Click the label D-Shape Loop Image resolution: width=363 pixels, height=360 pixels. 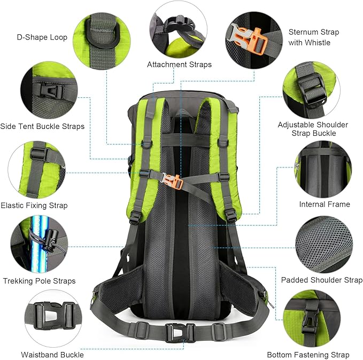point(42,37)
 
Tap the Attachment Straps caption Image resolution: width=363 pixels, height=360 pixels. point(180,64)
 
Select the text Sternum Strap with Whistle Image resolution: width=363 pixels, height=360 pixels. point(314,37)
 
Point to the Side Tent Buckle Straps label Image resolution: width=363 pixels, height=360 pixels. point(42,126)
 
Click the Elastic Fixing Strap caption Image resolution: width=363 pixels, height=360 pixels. point(34,205)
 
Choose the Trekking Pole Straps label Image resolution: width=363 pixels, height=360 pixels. point(40,281)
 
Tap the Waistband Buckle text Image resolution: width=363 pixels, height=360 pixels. point(52,355)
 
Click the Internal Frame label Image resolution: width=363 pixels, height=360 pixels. point(325,204)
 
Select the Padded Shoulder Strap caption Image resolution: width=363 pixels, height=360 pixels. point(322,280)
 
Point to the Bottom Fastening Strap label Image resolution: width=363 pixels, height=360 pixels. point(308,355)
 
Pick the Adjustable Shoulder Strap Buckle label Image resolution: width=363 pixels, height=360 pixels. point(313,129)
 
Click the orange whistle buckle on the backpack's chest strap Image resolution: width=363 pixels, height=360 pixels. point(176,181)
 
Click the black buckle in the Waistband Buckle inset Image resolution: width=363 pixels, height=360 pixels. point(55,316)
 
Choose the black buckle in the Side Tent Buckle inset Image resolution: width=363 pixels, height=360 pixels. point(51,90)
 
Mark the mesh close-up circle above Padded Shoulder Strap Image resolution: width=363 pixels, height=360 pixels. point(324,244)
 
